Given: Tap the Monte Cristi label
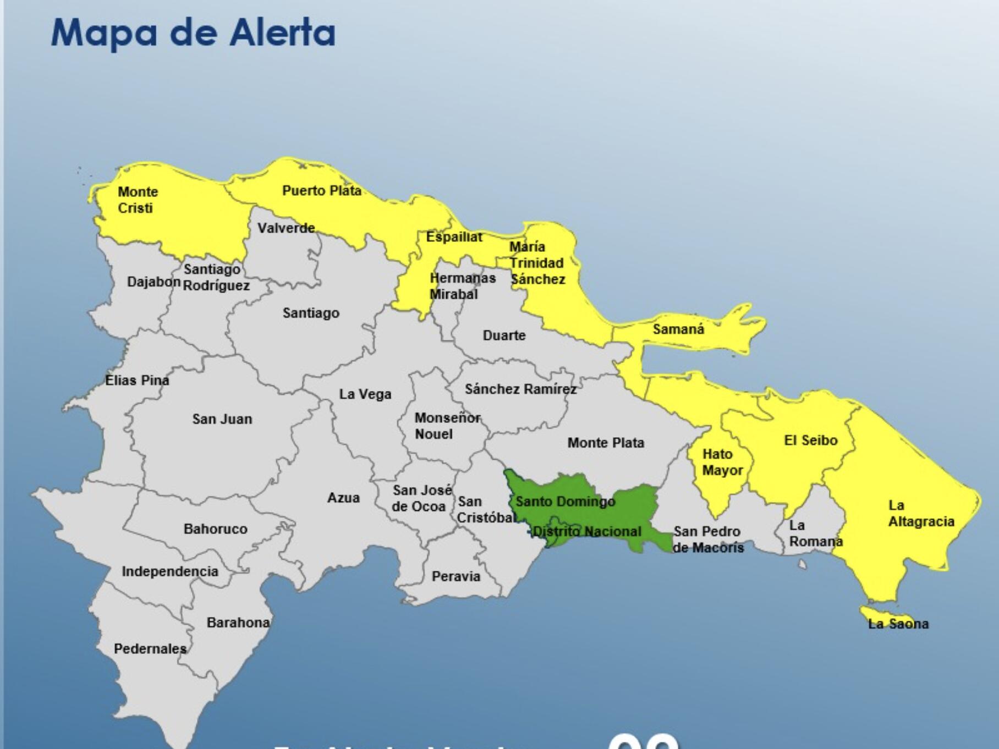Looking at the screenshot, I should point(137,200).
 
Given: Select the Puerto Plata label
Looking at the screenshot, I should point(322,191).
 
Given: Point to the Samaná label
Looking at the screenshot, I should point(678,329).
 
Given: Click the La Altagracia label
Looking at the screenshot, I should point(921,513).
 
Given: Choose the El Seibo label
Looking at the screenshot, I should point(810,440).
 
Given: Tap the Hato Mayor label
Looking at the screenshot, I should point(722,462).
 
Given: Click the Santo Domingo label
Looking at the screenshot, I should point(565,502).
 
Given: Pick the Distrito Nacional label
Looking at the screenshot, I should point(587,531).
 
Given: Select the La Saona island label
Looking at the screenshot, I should point(898,624).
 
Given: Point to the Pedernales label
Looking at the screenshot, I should point(150,649).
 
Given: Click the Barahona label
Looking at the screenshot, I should point(238,623).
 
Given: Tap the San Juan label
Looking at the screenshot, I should point(222,419).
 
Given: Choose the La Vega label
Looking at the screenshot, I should point(365,394).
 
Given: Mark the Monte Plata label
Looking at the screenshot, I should point(606,443).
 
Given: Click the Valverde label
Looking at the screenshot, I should point(286,228).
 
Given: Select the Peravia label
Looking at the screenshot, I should point(456,576).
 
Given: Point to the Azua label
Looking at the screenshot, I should point(343,498).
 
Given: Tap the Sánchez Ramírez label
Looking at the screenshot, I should point(520,389).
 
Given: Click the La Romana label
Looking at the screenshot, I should point(815,533).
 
